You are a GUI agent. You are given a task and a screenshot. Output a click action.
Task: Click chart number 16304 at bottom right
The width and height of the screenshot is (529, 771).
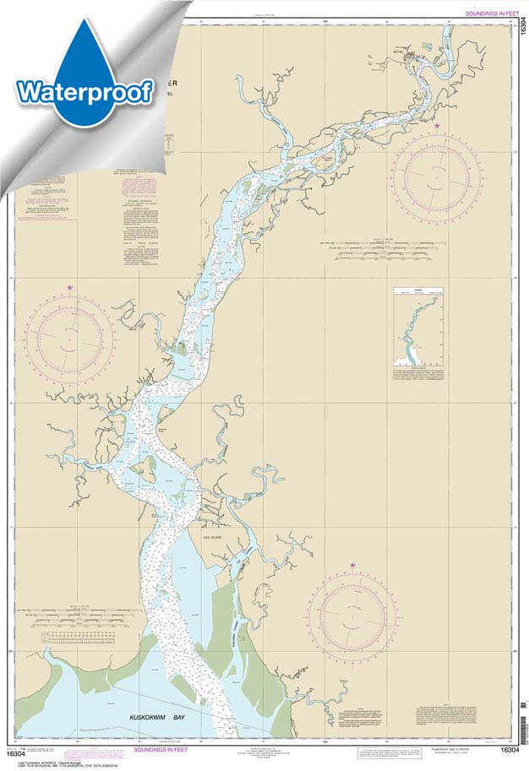click(x=510, y=749)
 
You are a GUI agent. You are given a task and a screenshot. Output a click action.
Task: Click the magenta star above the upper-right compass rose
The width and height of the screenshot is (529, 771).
click(x=437, y=126)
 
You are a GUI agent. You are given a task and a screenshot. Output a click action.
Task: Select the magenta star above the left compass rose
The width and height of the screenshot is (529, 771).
click(x=69, y=288)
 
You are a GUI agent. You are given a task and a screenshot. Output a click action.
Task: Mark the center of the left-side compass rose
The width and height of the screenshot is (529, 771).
click(x=69, y=339)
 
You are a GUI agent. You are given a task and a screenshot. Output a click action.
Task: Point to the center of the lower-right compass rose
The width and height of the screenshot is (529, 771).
click(x=352, y=614)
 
